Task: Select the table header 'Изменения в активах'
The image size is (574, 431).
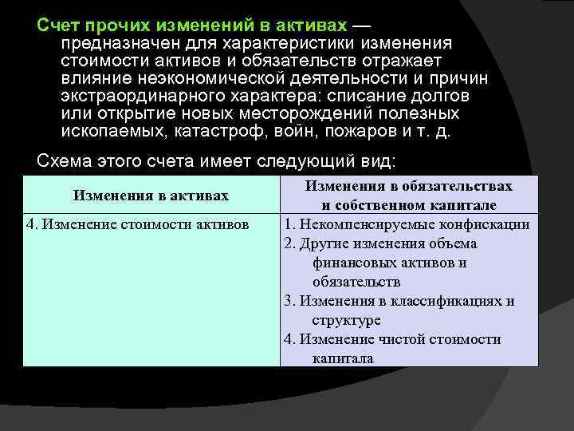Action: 151,196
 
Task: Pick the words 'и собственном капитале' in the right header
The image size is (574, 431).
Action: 406,205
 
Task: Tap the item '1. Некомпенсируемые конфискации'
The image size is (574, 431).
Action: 407,224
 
